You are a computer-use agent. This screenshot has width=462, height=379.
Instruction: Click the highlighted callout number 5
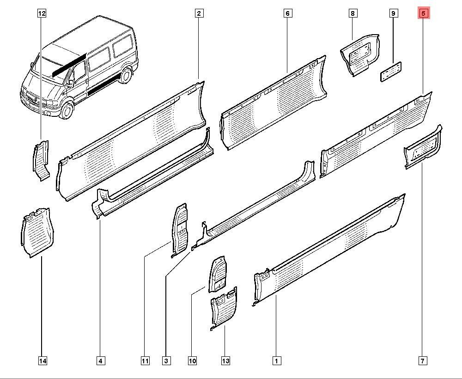pos(424,13)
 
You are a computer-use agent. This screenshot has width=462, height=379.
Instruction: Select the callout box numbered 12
pos(42,13)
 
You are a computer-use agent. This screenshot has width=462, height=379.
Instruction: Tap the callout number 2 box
pos(199,13)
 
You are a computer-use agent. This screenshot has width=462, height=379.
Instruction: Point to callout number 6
pos(287,13)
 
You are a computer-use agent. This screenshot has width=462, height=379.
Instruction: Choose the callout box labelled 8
pos(353,13)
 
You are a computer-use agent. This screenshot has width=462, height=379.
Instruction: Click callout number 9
pos(393,13)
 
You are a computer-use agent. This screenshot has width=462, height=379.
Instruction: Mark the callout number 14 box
pos(42,361)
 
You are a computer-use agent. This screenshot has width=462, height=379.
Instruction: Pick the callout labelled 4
pos(101,361)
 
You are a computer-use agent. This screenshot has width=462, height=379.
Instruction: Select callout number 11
pos(145,361)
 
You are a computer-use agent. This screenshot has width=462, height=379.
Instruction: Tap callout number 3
pos(166,361)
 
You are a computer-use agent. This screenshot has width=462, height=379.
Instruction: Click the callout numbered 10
pos(192,361)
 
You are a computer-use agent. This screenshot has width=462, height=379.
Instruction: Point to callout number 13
pos(225,361)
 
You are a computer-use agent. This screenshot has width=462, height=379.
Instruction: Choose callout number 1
pos(276,361)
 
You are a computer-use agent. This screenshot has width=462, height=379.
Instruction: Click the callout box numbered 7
pos(423,361)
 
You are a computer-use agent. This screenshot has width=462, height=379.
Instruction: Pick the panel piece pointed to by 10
pos(218,275)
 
